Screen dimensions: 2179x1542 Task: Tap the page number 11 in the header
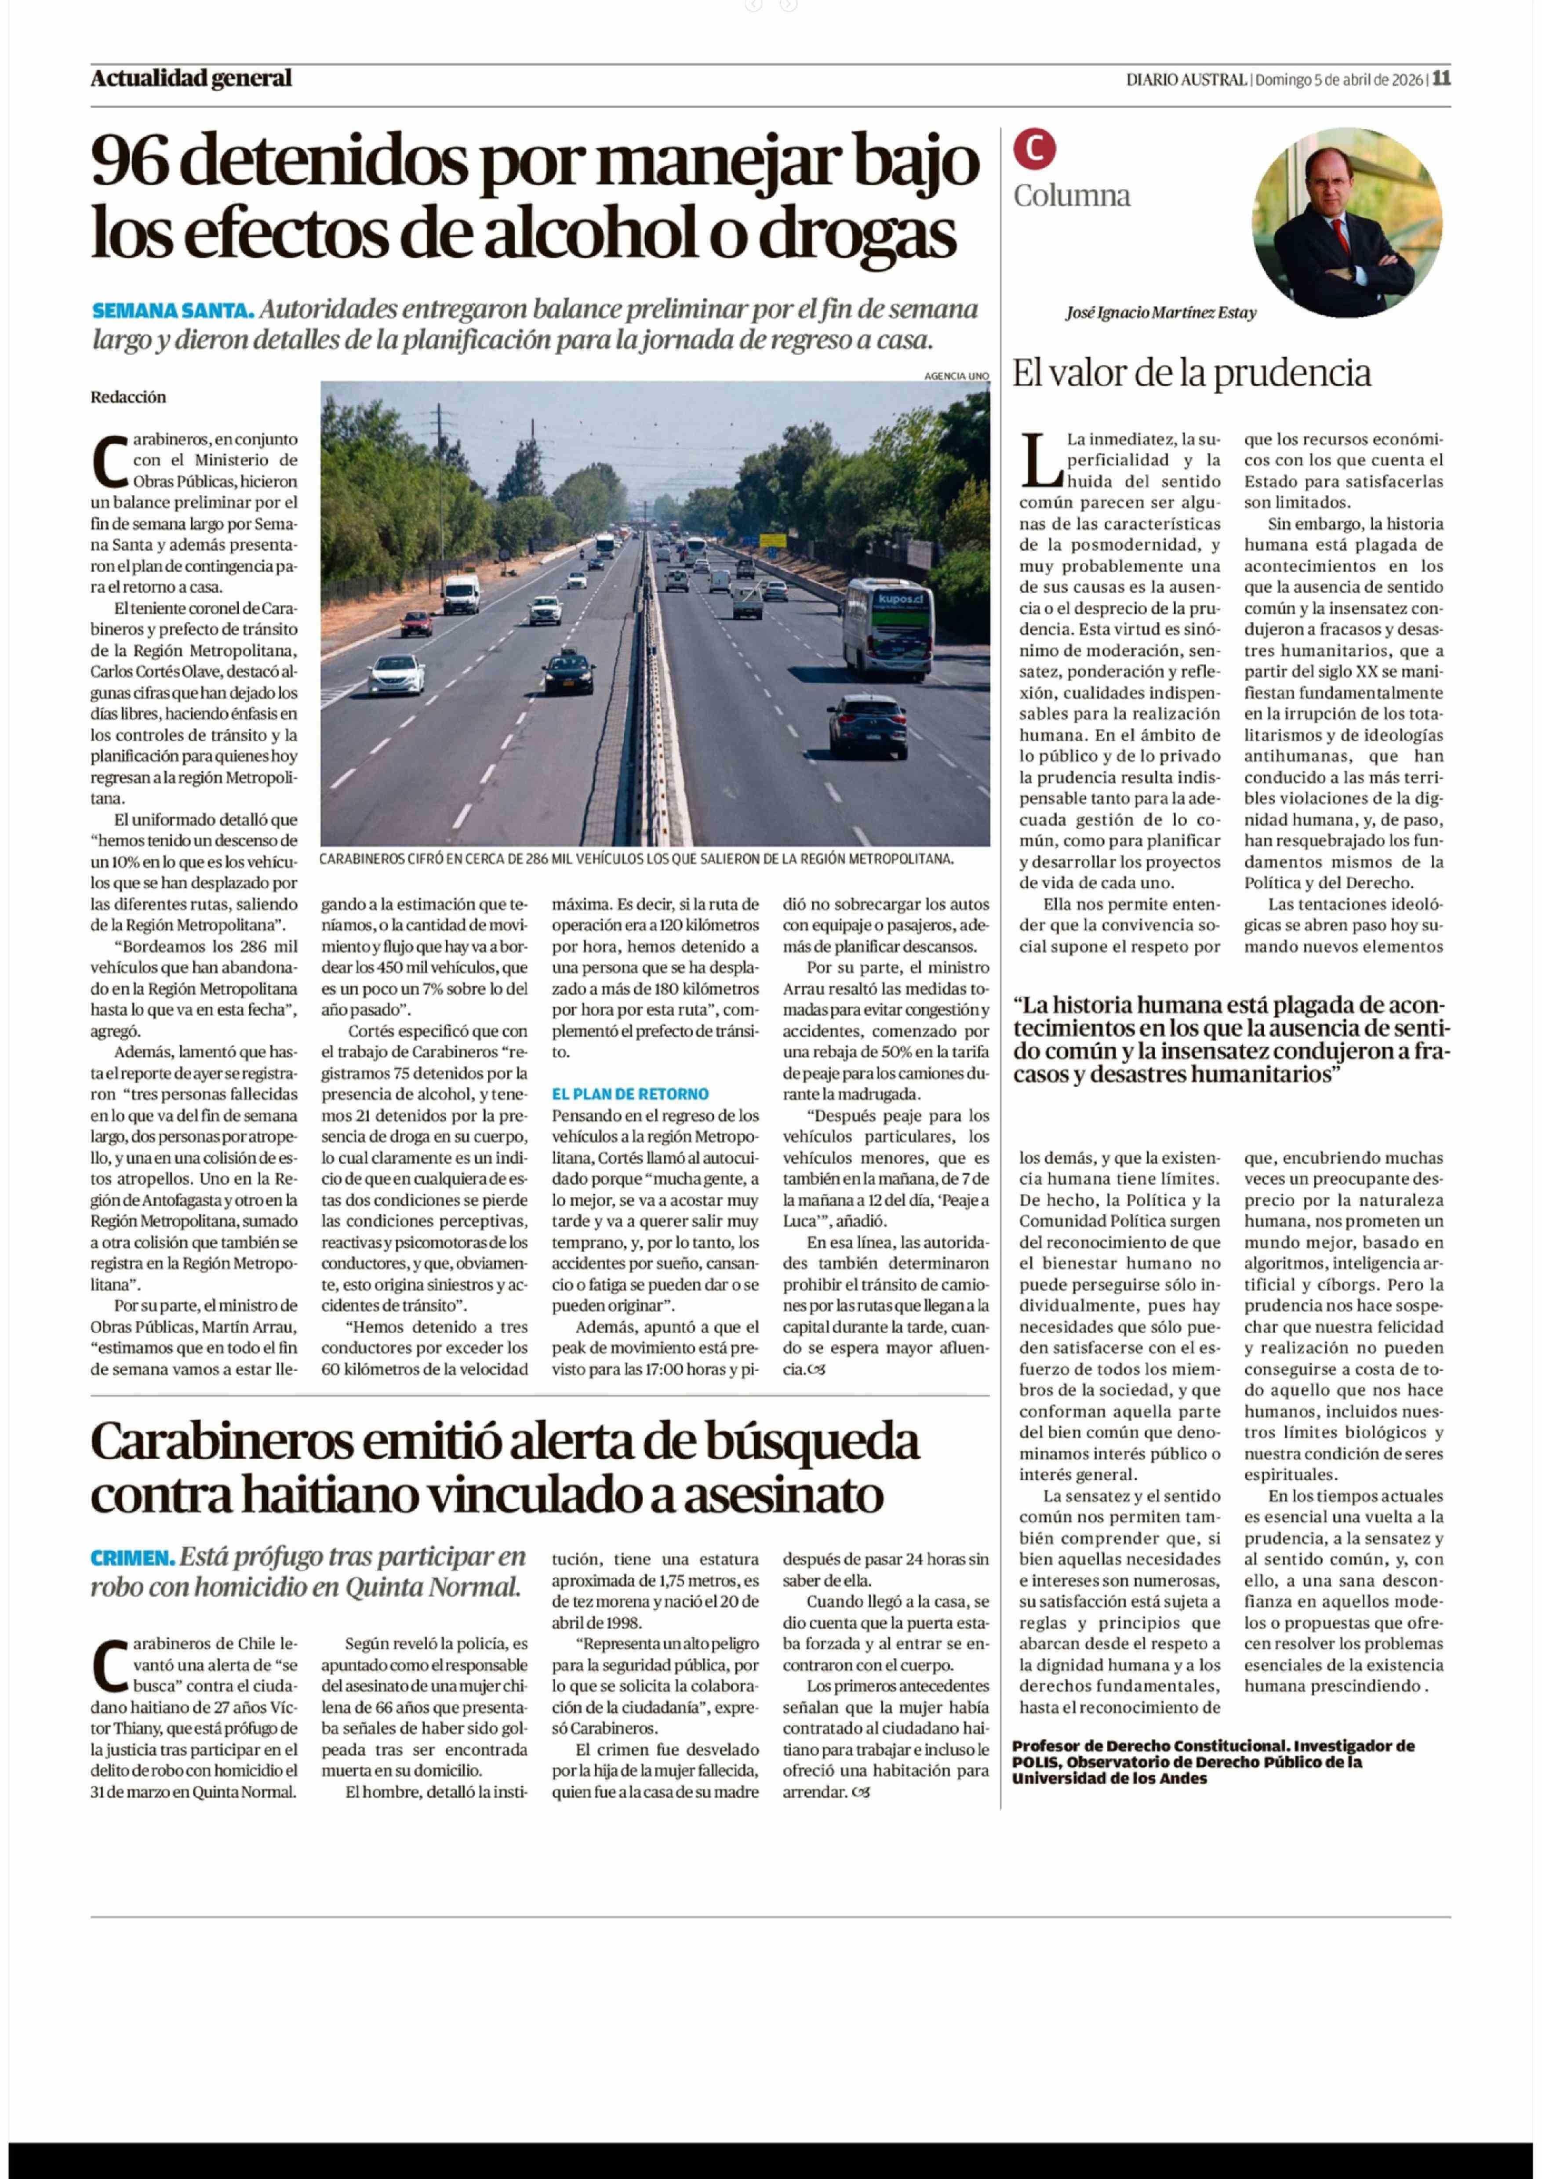pyautogui.click(x=1441, y=79)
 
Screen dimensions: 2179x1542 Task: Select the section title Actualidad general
pyautogui.click(x=191, y=79)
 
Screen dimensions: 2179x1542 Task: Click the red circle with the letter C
pyautogui.click(x=1034, y=148)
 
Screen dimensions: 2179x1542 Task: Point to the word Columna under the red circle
pyautogui.click(x=1071, y=196)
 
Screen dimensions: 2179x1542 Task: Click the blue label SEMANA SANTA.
pyautogui.click(x=173, y=310)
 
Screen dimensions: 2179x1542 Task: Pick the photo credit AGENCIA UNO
pyautogui.click(x=956, y=376)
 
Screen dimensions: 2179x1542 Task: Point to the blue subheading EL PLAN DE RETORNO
pyautogui.click(x=629, y=1094)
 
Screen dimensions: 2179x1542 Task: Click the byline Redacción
pyautogui.click(x=128, y=397)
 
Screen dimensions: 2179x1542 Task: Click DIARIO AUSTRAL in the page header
pyautogui.click(x=1186, y=80)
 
